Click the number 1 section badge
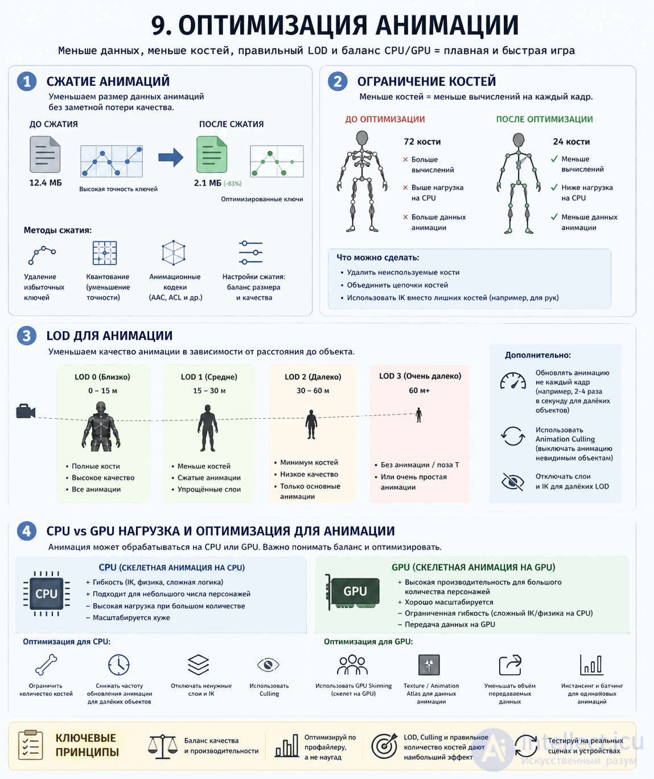coord(27,81)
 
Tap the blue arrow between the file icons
coord(171,158)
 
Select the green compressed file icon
coord(212,154)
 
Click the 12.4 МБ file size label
coord(46,183)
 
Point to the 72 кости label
coord(422,142)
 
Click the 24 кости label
coord(571,142)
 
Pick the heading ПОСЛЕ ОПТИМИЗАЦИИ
coord(544,119)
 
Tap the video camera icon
coord(26,411)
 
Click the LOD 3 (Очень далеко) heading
coord(420,376)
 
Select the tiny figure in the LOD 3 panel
coord(419,415)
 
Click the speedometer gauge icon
coord(513,381)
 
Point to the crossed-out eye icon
coord(513,481)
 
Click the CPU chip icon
coord(46,593)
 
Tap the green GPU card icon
coord(353,592)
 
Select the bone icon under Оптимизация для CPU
coord(46,665)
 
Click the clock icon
coord(119,665)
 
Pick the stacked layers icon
coord(198,665)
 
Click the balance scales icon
coord(162,747)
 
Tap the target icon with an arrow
coord(384,746)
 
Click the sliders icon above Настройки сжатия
coord(251,253)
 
